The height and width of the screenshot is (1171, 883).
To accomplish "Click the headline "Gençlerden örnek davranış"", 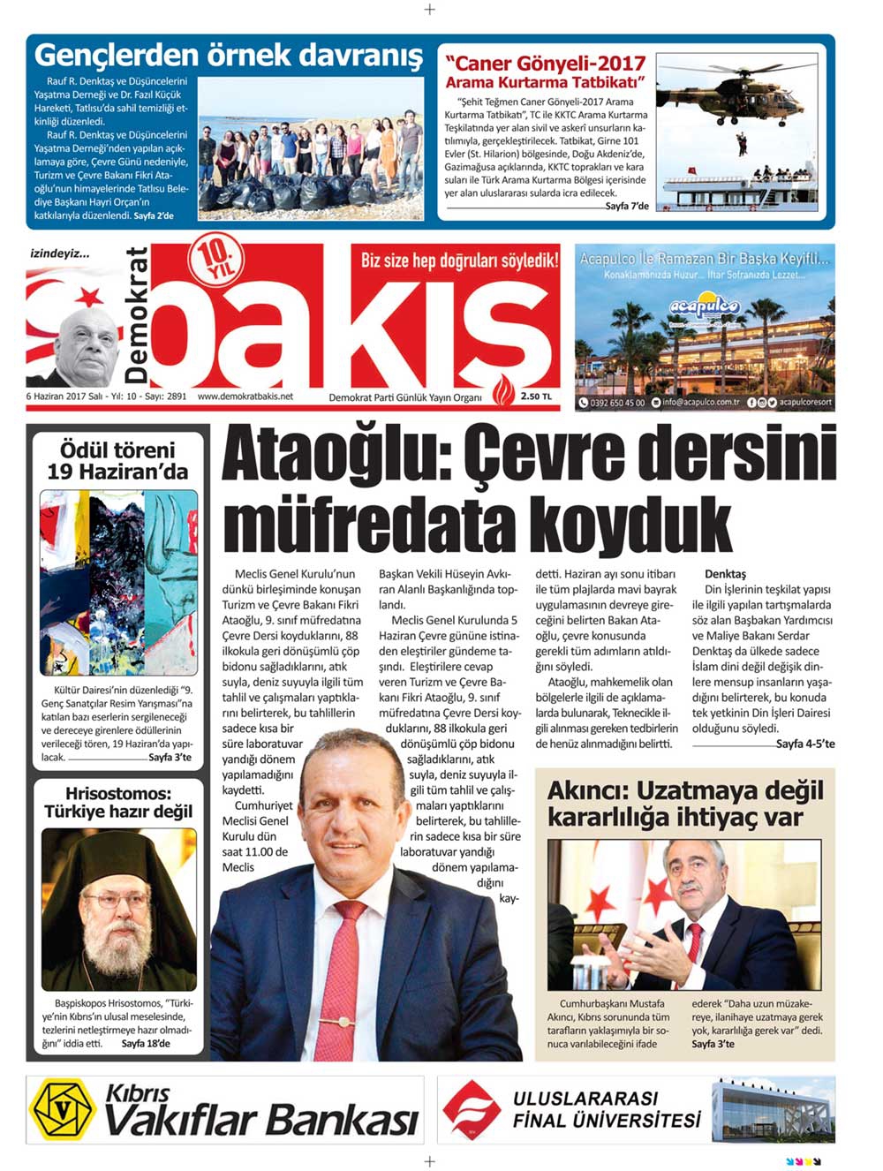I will coord(229,57).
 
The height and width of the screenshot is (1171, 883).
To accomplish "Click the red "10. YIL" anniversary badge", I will coord(214,263).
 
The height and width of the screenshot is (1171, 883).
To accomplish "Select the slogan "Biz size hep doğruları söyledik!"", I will coord(459,261).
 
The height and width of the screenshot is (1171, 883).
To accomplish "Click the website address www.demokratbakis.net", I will coord(245,397).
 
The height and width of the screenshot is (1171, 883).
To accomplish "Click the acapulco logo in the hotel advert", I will coord(703,307).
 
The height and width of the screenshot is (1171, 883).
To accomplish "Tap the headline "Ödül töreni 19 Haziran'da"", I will coord(117,461).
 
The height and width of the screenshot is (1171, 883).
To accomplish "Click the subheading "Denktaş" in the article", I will coord(725,574).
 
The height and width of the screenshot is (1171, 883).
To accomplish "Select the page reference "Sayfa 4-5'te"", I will coord(804,744).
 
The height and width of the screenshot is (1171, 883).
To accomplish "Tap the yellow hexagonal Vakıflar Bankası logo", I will coord(63,1108).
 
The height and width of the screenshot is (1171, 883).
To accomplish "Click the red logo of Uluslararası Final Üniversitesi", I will coord(471,1108).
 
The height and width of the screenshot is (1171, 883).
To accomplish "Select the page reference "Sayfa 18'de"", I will coord(146,1044).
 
